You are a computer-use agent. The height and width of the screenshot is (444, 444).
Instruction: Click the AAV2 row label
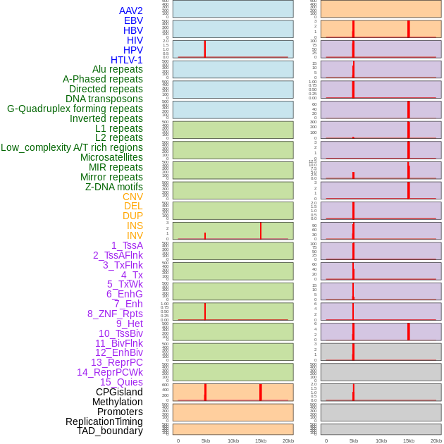(131, 11)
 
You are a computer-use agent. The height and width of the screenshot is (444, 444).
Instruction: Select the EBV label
(133, 20)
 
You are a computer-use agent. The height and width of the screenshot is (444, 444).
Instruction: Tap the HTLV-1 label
(127, 60)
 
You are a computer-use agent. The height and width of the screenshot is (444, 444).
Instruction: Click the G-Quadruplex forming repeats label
(75, 109)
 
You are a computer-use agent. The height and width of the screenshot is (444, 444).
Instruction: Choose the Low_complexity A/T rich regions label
(72, 147)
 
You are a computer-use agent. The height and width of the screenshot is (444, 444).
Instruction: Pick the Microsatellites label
(111, 157)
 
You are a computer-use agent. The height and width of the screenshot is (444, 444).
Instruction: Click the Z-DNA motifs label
(114, 187)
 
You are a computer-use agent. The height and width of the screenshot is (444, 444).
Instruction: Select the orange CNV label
(132, 197)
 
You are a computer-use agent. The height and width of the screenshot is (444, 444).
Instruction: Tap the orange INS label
(135, 226)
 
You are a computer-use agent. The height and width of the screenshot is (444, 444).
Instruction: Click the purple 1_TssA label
(127, 245)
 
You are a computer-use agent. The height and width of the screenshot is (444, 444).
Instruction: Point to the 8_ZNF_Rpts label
(115, 314)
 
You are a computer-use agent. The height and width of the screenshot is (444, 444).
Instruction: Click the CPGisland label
(119, 392)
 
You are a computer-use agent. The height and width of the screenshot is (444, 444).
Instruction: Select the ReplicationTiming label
(104, 421)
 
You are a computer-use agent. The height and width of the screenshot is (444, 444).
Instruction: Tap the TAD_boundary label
(110, 431)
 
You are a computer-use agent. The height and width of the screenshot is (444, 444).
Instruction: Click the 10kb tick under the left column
(233, 440)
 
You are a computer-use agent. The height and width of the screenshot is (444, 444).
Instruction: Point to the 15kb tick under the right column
(409, 440)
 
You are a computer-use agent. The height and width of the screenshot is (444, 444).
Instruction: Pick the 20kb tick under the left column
(288, 440)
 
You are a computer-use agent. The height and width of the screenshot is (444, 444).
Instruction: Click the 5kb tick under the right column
(353, 440)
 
